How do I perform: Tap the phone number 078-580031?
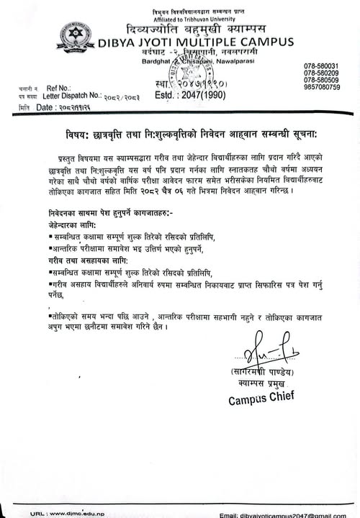pyautogui.click(x=321, y=66)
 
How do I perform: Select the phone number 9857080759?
pyautogui.click(x=321, y=87)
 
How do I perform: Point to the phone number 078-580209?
pyautogui.click(x=321, y=73)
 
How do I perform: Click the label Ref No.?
pyautogui.click(x=58, y=87)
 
